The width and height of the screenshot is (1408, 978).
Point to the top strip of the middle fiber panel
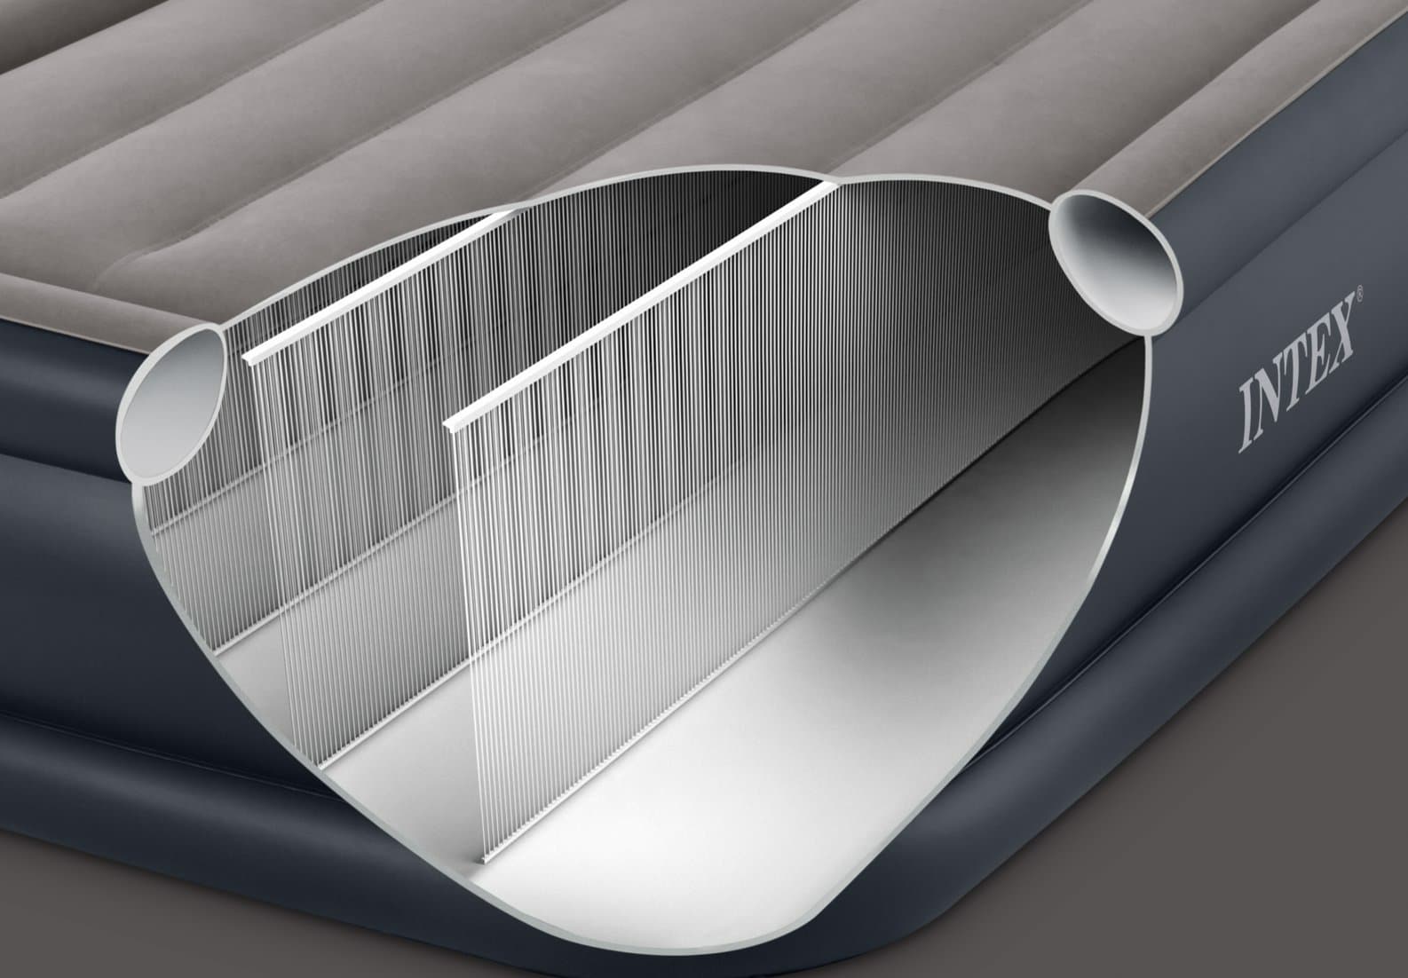(x=373, y=284)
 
